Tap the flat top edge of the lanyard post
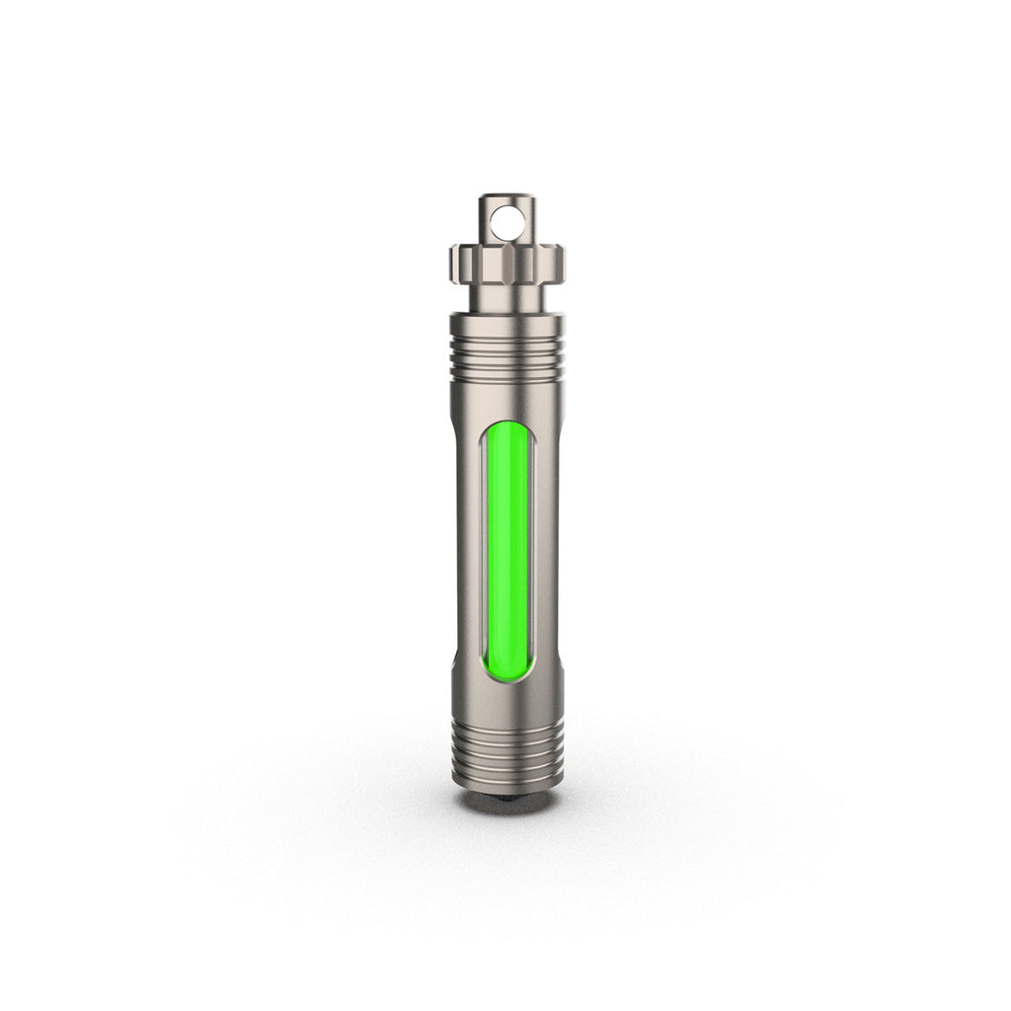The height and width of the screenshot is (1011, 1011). [x=506, y=195]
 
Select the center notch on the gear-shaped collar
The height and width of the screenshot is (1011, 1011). [x=507, y=263]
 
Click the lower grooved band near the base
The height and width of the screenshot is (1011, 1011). [x=507, y=740]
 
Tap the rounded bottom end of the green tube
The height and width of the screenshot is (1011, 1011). [x=507, y=674]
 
